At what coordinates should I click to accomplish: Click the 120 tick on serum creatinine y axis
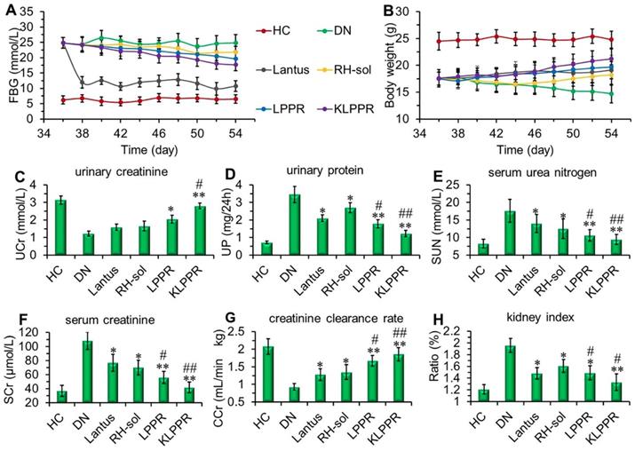[37, 334]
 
